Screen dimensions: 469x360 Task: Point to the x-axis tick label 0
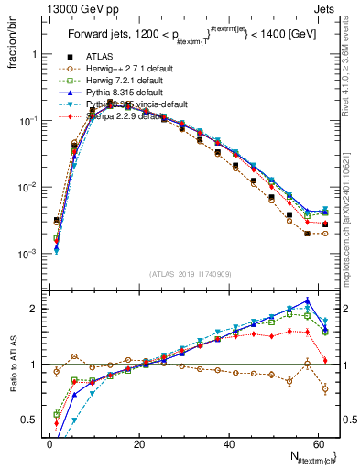[x=49, y=444]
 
